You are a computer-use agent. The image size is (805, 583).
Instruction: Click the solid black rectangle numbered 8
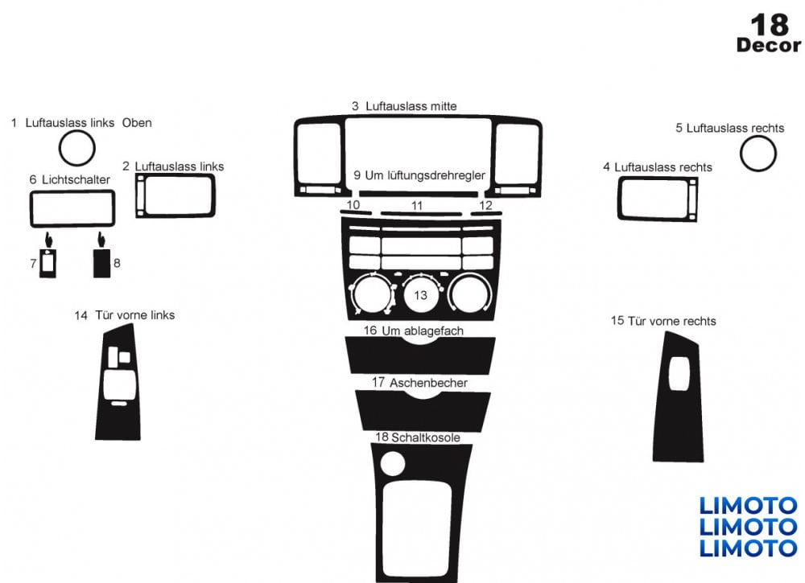(101, 264)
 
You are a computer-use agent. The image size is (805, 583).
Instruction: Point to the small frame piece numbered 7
(41, 264)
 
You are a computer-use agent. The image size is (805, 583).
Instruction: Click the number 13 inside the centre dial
(420, 295)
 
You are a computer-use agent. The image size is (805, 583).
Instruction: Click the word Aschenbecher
(429, 383)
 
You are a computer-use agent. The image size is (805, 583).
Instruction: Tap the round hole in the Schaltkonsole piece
(393, 463)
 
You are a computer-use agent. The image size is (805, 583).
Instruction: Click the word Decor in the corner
(769, 45)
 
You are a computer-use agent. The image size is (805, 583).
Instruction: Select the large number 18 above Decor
(770, 24)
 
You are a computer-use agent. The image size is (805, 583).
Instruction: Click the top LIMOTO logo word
(749, 506)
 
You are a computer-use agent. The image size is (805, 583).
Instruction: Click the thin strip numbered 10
(355, 211)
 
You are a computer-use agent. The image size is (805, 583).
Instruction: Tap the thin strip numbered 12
(486, 213)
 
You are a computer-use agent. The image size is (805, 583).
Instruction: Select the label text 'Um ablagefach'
(423, 331)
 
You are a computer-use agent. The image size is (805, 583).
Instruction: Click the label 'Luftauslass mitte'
(411, 107)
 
